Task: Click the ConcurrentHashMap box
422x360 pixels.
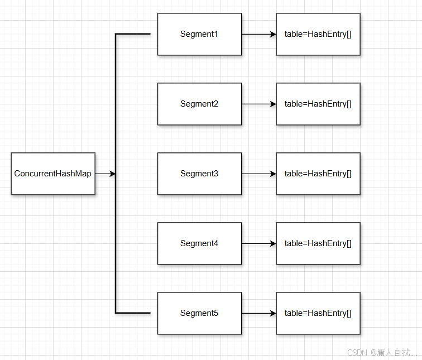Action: [x=53, y=174]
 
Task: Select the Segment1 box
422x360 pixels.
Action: [x=199, y=34]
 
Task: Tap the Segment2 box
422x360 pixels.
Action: [x=199, y=104]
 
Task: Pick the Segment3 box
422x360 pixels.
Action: [x=199, y=174]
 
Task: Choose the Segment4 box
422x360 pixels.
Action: [x=199, y=243]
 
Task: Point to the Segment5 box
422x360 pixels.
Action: [x=199, y=313]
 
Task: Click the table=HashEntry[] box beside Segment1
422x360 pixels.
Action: [x=318, y=34]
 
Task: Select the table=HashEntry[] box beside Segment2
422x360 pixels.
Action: [x=318, y=104]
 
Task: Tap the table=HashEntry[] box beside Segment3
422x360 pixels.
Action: [x=318, y=174]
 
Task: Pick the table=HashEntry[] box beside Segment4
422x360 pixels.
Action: [x=318, y=243]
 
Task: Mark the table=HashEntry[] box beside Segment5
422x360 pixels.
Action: [x=318, y=313]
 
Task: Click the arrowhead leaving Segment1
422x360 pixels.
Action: [x=273, y=34]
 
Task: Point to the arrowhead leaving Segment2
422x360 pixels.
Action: [x=273, y=104]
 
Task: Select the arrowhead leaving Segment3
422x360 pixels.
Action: [x=273, y=174]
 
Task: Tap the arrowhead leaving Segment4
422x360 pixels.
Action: [x=273, y=243]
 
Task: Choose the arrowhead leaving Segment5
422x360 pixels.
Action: [x=273, y=313]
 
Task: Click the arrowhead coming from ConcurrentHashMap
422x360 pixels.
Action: [x=112, y=174]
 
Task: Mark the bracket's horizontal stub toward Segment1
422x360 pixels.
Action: [x=133, y=34]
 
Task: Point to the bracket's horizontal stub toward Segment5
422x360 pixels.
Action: [x=133, y=313]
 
